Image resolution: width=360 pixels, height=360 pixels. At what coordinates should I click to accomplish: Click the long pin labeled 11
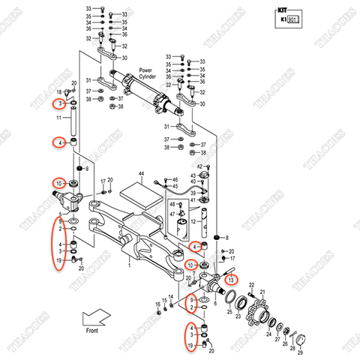coord(74,120)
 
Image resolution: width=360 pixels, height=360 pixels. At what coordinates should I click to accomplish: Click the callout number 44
coord(141,173)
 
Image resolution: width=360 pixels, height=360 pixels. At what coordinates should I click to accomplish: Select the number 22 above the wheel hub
coord(252,283)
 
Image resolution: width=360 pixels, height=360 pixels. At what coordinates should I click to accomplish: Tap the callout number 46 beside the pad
coord(174,180)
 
